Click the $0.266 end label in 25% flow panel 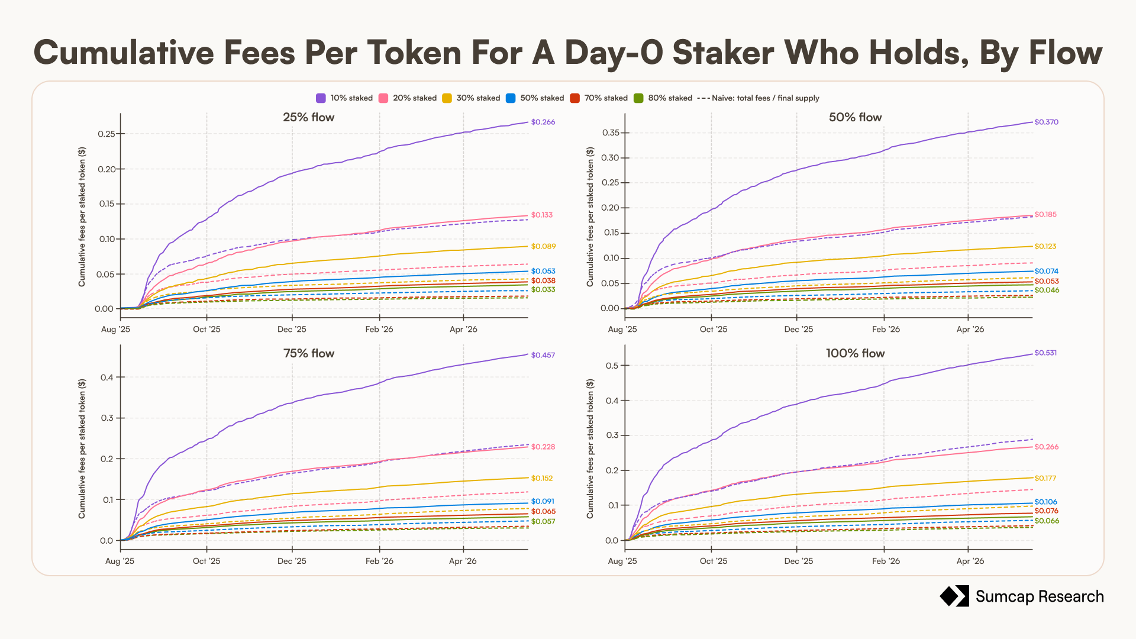[543, 122]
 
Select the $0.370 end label [1046, 122]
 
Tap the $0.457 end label [543, 355]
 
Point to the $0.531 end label [1045, 353]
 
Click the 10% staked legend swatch [321, 98]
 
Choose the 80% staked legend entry [663, 98]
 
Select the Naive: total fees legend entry [759, 98]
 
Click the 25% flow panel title [308, 117]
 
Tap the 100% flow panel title [855, 353]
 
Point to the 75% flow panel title [308, 353]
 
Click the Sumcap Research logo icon [954, 596]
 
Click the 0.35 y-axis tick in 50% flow [611, 133]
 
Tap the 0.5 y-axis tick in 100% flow [612, 366]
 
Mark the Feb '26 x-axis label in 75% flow [379, 561]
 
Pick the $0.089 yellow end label [543, 246]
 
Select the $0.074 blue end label [1046, 271]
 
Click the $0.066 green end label [1047, 521]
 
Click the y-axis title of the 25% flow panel [82, 217]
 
